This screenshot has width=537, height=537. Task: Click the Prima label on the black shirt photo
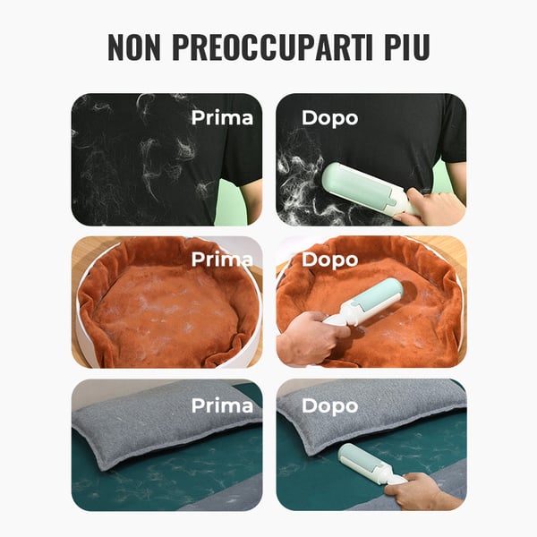222,117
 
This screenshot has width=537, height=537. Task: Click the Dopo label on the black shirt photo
329,117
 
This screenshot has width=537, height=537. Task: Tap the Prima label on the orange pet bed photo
222,260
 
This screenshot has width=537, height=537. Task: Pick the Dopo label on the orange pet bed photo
329,260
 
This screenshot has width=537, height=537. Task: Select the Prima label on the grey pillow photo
222,405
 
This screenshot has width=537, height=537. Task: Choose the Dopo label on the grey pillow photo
329,405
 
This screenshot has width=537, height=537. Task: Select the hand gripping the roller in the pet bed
309,338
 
